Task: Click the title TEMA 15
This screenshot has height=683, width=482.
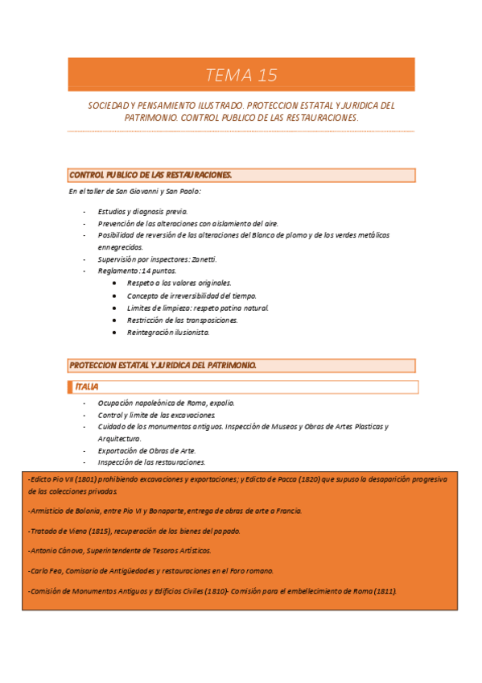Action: coord(241,76)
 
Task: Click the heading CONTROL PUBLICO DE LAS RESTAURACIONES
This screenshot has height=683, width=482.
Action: coord(151,175)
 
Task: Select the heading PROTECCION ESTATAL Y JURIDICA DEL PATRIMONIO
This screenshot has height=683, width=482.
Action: coord(163,365)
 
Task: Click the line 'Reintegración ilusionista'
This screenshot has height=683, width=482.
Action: coord(168,332)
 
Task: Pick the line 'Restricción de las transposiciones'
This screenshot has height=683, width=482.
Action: coord(182,320)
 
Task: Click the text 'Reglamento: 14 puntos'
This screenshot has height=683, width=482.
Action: coord(137,271)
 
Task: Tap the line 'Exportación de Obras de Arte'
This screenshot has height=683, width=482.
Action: coord(146,450)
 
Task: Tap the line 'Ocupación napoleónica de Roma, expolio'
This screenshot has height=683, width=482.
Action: coord(167,403)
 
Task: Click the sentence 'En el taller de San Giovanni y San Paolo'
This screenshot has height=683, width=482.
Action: coord(134,192)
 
